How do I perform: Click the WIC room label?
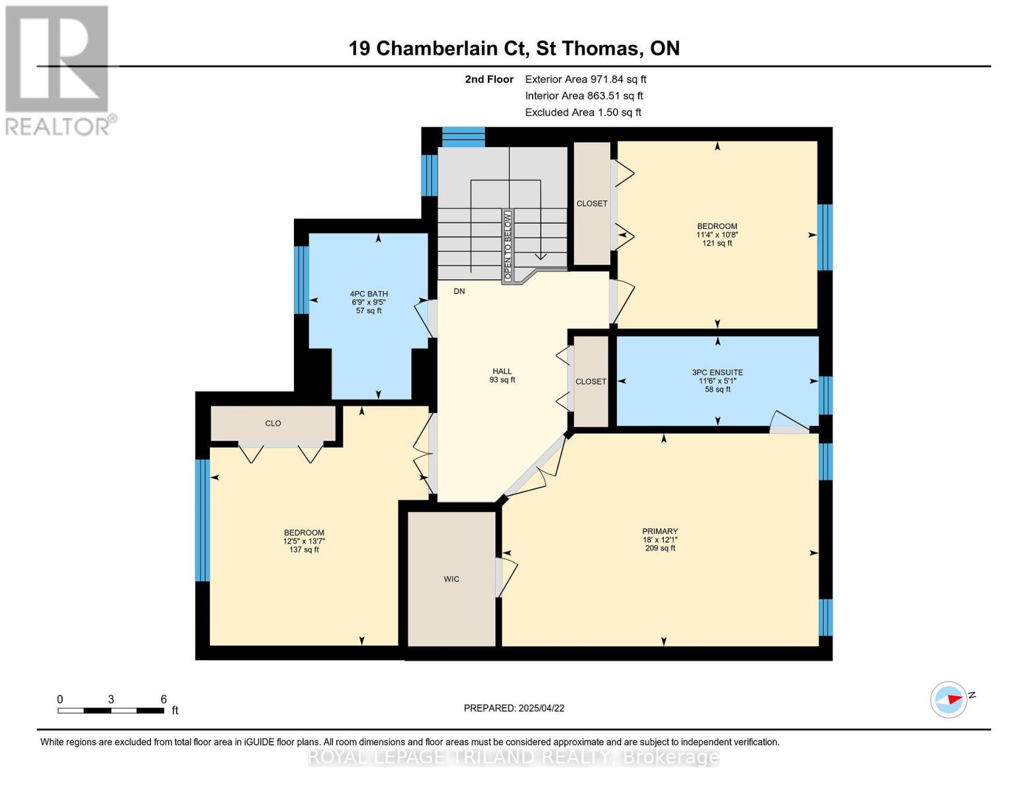point(451,579)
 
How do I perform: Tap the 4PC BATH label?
point(369,294)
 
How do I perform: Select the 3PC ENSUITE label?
point(717,372)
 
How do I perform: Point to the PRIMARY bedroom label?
point(660,531)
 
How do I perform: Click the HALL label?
point(502,371)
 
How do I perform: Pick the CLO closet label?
point(273,423)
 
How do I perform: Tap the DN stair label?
point(459,291)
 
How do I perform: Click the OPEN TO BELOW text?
point(508,246)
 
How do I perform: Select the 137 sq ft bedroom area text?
point(304,549)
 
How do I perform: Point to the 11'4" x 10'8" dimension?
point(717,234)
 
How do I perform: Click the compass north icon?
point(948,700)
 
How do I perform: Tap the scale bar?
point(111,710)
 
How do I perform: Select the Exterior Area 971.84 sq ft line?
point(586,79)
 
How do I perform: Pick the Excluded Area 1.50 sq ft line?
point(583,112)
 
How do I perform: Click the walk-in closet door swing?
point(506,577)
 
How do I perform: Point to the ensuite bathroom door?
point(789,422)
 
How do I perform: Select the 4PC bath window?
point(301,280)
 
